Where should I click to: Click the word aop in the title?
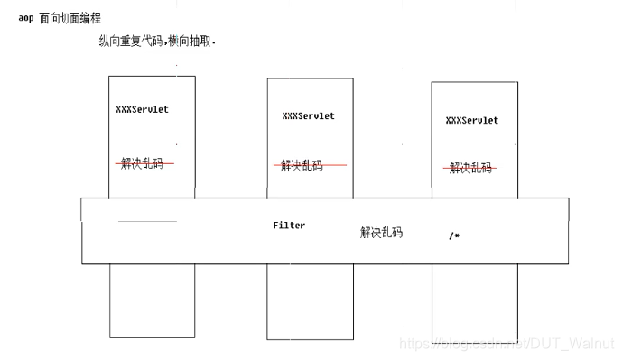[x=25, y=18]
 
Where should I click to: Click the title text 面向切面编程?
[x=70, y=18]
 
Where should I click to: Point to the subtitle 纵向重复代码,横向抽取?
[x=157, y=42]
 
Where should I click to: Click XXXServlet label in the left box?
[x=142, y=109]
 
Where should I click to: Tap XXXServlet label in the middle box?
[x=308, y=115]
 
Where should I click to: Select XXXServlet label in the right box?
[x=471, y=120]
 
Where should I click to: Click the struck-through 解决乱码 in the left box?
[x=144, y=163]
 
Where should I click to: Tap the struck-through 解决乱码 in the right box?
[x=470, y=168]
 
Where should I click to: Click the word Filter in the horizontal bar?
[x=289, y=226]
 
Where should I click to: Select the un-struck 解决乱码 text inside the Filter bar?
[x=381, y=233]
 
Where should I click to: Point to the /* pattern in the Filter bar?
[x=454, y=235]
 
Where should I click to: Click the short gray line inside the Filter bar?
[x=147, y=221]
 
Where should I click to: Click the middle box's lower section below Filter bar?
[x=310, y=302]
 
